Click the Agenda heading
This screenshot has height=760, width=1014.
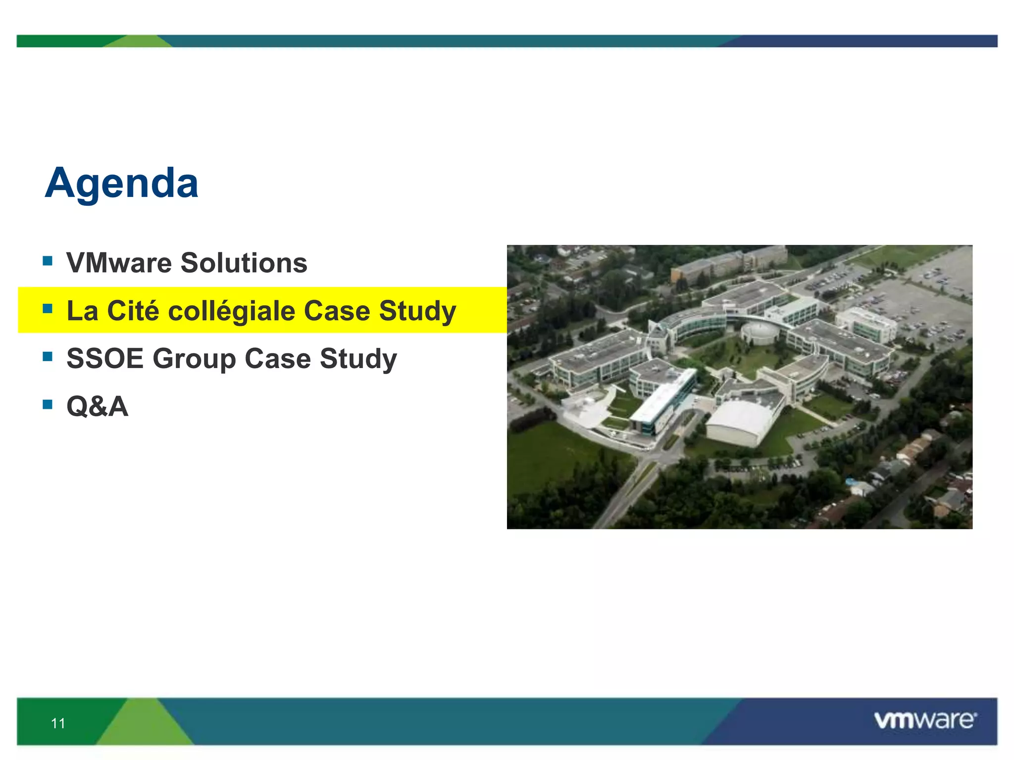tap(121, 184)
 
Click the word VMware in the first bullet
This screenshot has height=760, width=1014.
tap(119, 263)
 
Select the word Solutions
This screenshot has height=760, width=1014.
tap(244, 263)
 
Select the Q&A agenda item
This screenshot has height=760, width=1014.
tap(98, 407)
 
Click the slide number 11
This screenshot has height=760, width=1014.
tap(58, 723)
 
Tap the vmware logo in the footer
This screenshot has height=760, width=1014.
tap(925, 720)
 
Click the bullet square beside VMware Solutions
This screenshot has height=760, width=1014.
tap(48, 261)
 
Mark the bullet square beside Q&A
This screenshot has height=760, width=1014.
tap(48, 405)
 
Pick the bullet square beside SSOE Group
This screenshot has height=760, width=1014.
tap(48, 357)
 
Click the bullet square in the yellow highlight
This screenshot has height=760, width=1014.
tap(48, 309)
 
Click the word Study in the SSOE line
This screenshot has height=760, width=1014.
tap(358, 359)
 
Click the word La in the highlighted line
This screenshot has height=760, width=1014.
tap(82, 311)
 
